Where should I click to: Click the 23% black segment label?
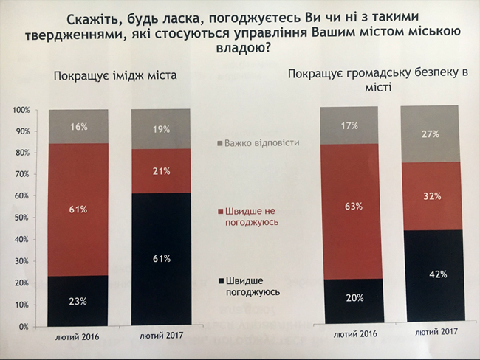pos(78,302)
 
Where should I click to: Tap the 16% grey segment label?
pos(78,127)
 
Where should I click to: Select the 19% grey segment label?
pos(162,129)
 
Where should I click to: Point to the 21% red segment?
pos(161,171)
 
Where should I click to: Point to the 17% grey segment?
pos(349,125)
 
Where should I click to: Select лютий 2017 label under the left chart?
pos(161,336)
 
